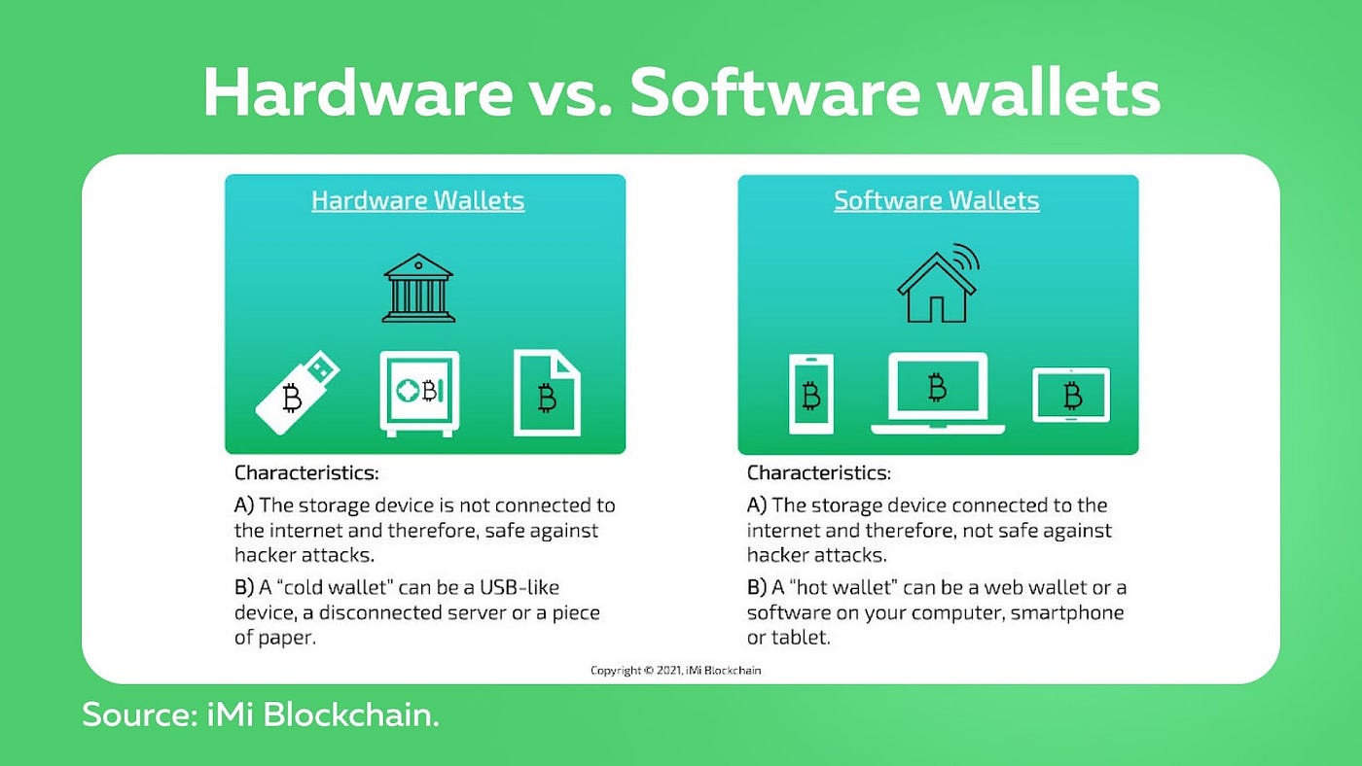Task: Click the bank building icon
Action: click(x=418, y=288)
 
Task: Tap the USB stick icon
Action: click(x=298, y=393)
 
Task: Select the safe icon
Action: click(x=419, y=394)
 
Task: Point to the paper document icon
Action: click(x=547, y=393)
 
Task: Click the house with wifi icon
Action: click(x=937, y=283)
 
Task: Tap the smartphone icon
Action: click(x=811, y=394)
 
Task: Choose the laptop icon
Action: click(x=938, y=393)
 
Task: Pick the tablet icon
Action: click(x=1071, y=396)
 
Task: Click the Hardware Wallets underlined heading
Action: click(x=417, y=200)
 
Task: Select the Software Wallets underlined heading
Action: click(x=936, y=200)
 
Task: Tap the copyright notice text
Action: click(x=675, y=670)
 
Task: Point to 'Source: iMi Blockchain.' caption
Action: click(x=261, y=714)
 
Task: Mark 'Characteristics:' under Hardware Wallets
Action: click(x=306, y=472)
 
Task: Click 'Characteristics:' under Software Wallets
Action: click(x=819, y=472)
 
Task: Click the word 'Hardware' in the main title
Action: click(x=358, y=92)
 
